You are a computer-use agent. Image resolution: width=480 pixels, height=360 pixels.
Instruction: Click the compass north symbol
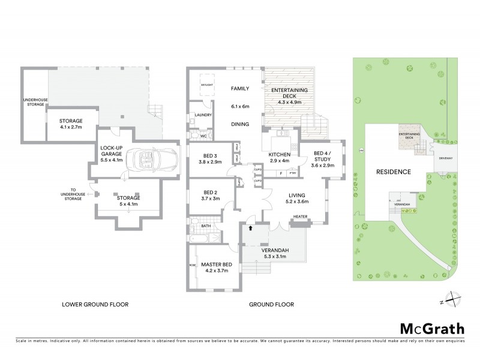coord(455,301)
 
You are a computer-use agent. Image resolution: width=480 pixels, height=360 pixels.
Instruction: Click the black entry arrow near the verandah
coord(250,228)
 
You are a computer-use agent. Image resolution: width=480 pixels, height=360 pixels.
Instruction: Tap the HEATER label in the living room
coord(300,217)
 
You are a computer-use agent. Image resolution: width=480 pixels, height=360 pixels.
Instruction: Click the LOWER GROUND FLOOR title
coord(95,304)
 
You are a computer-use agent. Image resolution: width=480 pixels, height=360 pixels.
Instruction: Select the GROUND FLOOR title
coord(271,304)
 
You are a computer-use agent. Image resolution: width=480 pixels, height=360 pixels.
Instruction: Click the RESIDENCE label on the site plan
coord(393,172)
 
